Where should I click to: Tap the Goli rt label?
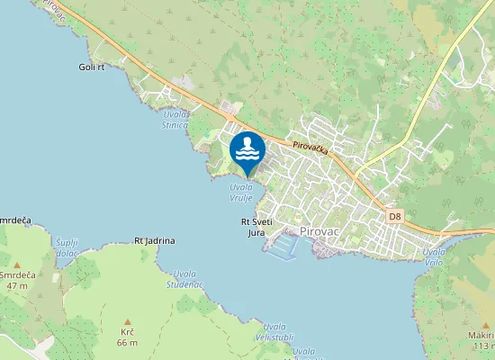click(92, 67)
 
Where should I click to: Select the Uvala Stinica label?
click(175, 119)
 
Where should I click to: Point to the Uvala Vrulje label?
click(240, 192)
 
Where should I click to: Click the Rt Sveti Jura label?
click(257, 226)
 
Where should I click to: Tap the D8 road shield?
click(395, 216)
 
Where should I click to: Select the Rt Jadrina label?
click(154, 240)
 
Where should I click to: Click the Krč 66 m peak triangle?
click(128, 321)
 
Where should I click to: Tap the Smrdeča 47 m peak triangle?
click(16, 265)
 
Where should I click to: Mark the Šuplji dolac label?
click(67, 247)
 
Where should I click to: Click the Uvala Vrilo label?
click(434, 256)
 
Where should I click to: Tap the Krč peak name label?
click(127, 332)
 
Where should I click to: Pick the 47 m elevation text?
click(17, 284)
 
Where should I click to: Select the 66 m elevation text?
click(127, 343)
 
